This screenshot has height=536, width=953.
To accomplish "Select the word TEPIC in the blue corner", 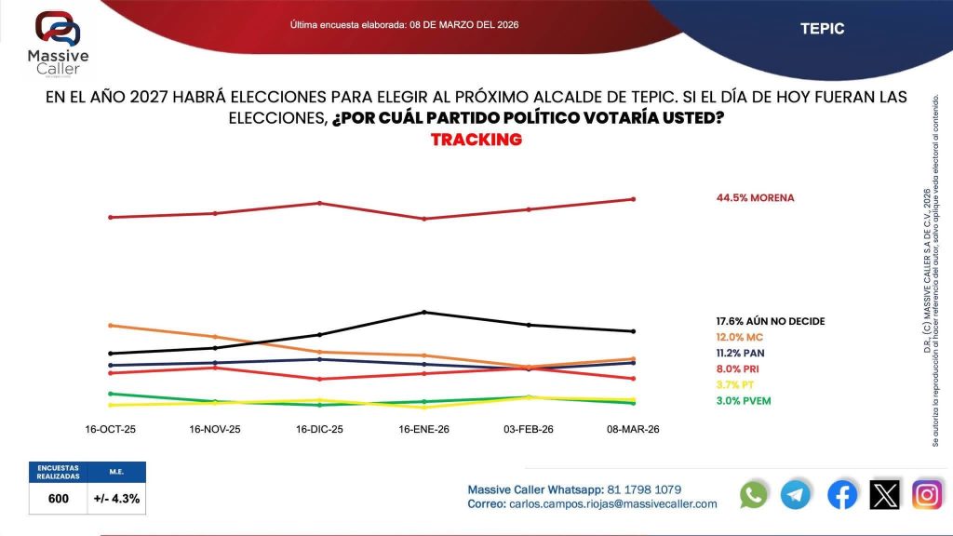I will pyautogui.click(x=822, y=29).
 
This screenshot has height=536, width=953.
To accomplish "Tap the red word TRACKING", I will pyautogui.click(x=476, y=140).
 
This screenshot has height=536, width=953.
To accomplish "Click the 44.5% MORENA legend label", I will pyautogui.click(x=755, y=197).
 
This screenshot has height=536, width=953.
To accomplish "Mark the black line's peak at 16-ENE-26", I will pyautogui.click(x=424, y=312).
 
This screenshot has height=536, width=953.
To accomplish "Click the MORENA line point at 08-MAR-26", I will pyautogui.click(x=634, y=199).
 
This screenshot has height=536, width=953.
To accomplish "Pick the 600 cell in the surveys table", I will pyautogui.click(x=58, y=499).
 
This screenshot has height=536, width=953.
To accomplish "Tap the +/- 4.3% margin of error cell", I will pyautogui.click(x=116, y=499).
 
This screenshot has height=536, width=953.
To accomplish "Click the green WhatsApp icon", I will pyautogui.click(x=754, y=494).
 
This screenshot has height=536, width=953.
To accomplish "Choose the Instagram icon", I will pyautogui.click(x=927, y=494).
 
